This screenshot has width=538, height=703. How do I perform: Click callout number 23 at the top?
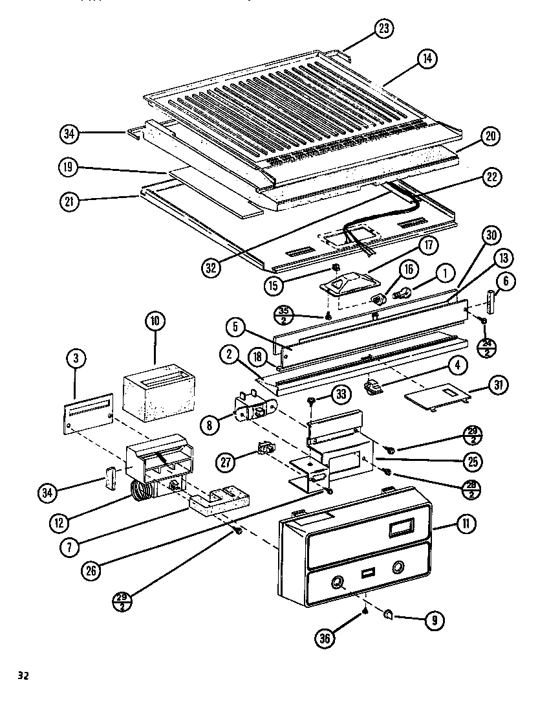tap(383, 29)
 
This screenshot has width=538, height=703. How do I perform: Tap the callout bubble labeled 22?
tap(492, 177)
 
